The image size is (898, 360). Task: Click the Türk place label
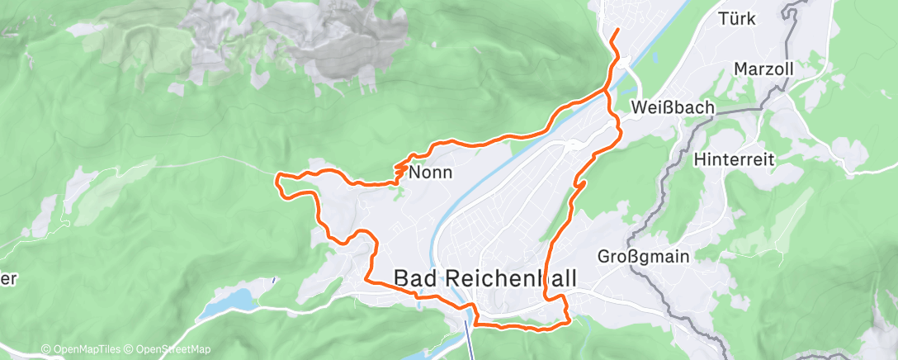[737, 18]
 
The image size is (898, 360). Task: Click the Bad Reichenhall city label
[485, 278]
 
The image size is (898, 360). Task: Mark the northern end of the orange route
[617, 31]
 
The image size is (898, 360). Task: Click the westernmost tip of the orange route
[277, 175]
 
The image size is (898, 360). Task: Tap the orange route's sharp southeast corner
[568, 322]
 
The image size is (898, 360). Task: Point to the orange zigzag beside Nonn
[399, 169]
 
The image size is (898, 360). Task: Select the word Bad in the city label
[417, 278]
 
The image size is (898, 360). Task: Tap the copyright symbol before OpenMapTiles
[45, 349]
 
